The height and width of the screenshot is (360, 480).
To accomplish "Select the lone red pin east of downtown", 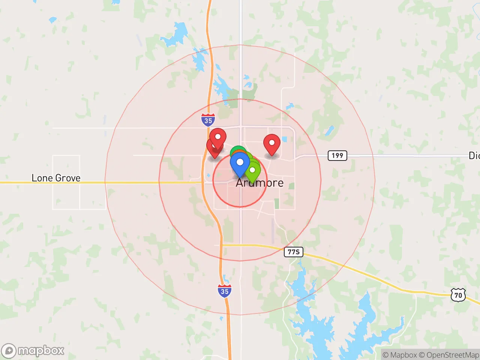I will pyautogui.click(x=272, y=144).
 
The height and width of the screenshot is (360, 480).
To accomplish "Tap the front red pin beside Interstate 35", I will pyautogui.click(x=217, y=137).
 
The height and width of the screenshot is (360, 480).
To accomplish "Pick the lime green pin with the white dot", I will pyautogui.click(x=253, y=171).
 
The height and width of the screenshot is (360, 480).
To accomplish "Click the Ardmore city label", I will pyautogui.click(x=260, y=183).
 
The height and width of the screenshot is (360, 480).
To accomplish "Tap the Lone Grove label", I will pyautogui.click(x=56, y=178).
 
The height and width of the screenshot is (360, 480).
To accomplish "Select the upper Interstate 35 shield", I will pyautogui.click(x=208, y=120).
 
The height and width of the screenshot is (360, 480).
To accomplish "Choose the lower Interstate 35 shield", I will pyautogui.click(x=225, y=291).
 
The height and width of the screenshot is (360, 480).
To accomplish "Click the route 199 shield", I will pyautogui.click(x=337, y=155).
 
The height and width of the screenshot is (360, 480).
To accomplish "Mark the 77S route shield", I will pyautogui.click(x=294, y=252).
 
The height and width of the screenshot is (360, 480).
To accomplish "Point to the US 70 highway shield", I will pyautogui.click(x=458, y=295).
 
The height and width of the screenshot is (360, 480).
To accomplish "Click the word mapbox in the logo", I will pyautogui.click(x=41, y=350).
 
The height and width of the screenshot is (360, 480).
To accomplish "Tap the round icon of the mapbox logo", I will pyautogui.click(x=9, y=351).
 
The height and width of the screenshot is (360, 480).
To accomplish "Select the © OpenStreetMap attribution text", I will pyautogui.click(x=449, y=355).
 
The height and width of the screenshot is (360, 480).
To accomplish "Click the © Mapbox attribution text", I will pyautogui.click(x=400, y=355).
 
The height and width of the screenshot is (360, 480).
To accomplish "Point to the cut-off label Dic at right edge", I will pyautogui.click(x=474, y=155).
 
